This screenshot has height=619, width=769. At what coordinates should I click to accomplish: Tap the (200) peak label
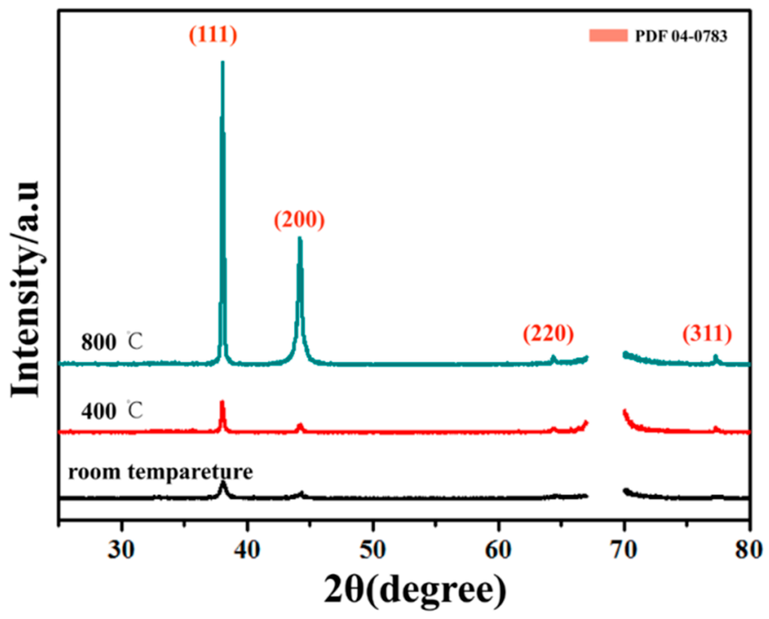pyautogui.click(x=299, y=220)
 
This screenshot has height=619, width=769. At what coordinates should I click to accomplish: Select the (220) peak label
pyautogui.click(x=548, y=334)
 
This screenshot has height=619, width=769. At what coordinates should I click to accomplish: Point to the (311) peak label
pyautogui.click(x=707, y=334)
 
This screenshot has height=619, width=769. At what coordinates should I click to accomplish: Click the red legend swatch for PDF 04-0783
pyautogui.click(x=608, y=36)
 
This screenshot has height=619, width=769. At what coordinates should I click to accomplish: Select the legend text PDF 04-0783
pyautogui.click(x=681, y=36)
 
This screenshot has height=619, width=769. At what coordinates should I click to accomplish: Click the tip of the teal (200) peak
pyautogui.click(x=300, y=238)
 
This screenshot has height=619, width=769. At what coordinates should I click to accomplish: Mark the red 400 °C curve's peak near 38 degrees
pyautogui.click(x=222, y=402)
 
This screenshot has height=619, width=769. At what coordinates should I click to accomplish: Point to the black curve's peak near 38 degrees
pyautogui.click(x=222, y=483)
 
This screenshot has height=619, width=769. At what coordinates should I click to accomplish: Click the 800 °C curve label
pyautogui.click(x=112, y=342)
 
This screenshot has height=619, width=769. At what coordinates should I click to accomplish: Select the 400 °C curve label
pyautogui.click(x=112, y=411)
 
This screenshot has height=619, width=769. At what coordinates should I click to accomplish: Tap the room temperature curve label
pyautogui.click(x=161, y=472)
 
